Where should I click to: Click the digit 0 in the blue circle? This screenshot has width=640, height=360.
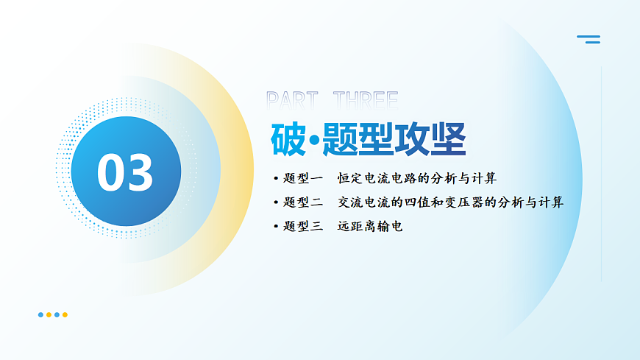pos(111,173)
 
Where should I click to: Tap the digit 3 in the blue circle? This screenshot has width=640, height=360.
pos(140,173)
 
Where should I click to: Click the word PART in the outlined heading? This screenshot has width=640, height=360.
pos(292,100)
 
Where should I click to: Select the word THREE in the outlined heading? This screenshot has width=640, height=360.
pos(365,100)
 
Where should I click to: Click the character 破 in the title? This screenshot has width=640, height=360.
pos(288,138)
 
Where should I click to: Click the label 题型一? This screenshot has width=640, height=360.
pos(303,178)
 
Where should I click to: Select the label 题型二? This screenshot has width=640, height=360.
pos(303,202)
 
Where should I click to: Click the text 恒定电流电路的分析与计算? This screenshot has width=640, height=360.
pos(417,178)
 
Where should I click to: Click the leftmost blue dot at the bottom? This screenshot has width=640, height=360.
pos(40,314)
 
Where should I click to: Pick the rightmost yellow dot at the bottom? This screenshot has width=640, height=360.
pos(65,314)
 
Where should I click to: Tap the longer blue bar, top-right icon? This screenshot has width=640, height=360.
pos(588,35)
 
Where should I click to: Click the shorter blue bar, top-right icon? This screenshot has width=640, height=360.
pos(593,42)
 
